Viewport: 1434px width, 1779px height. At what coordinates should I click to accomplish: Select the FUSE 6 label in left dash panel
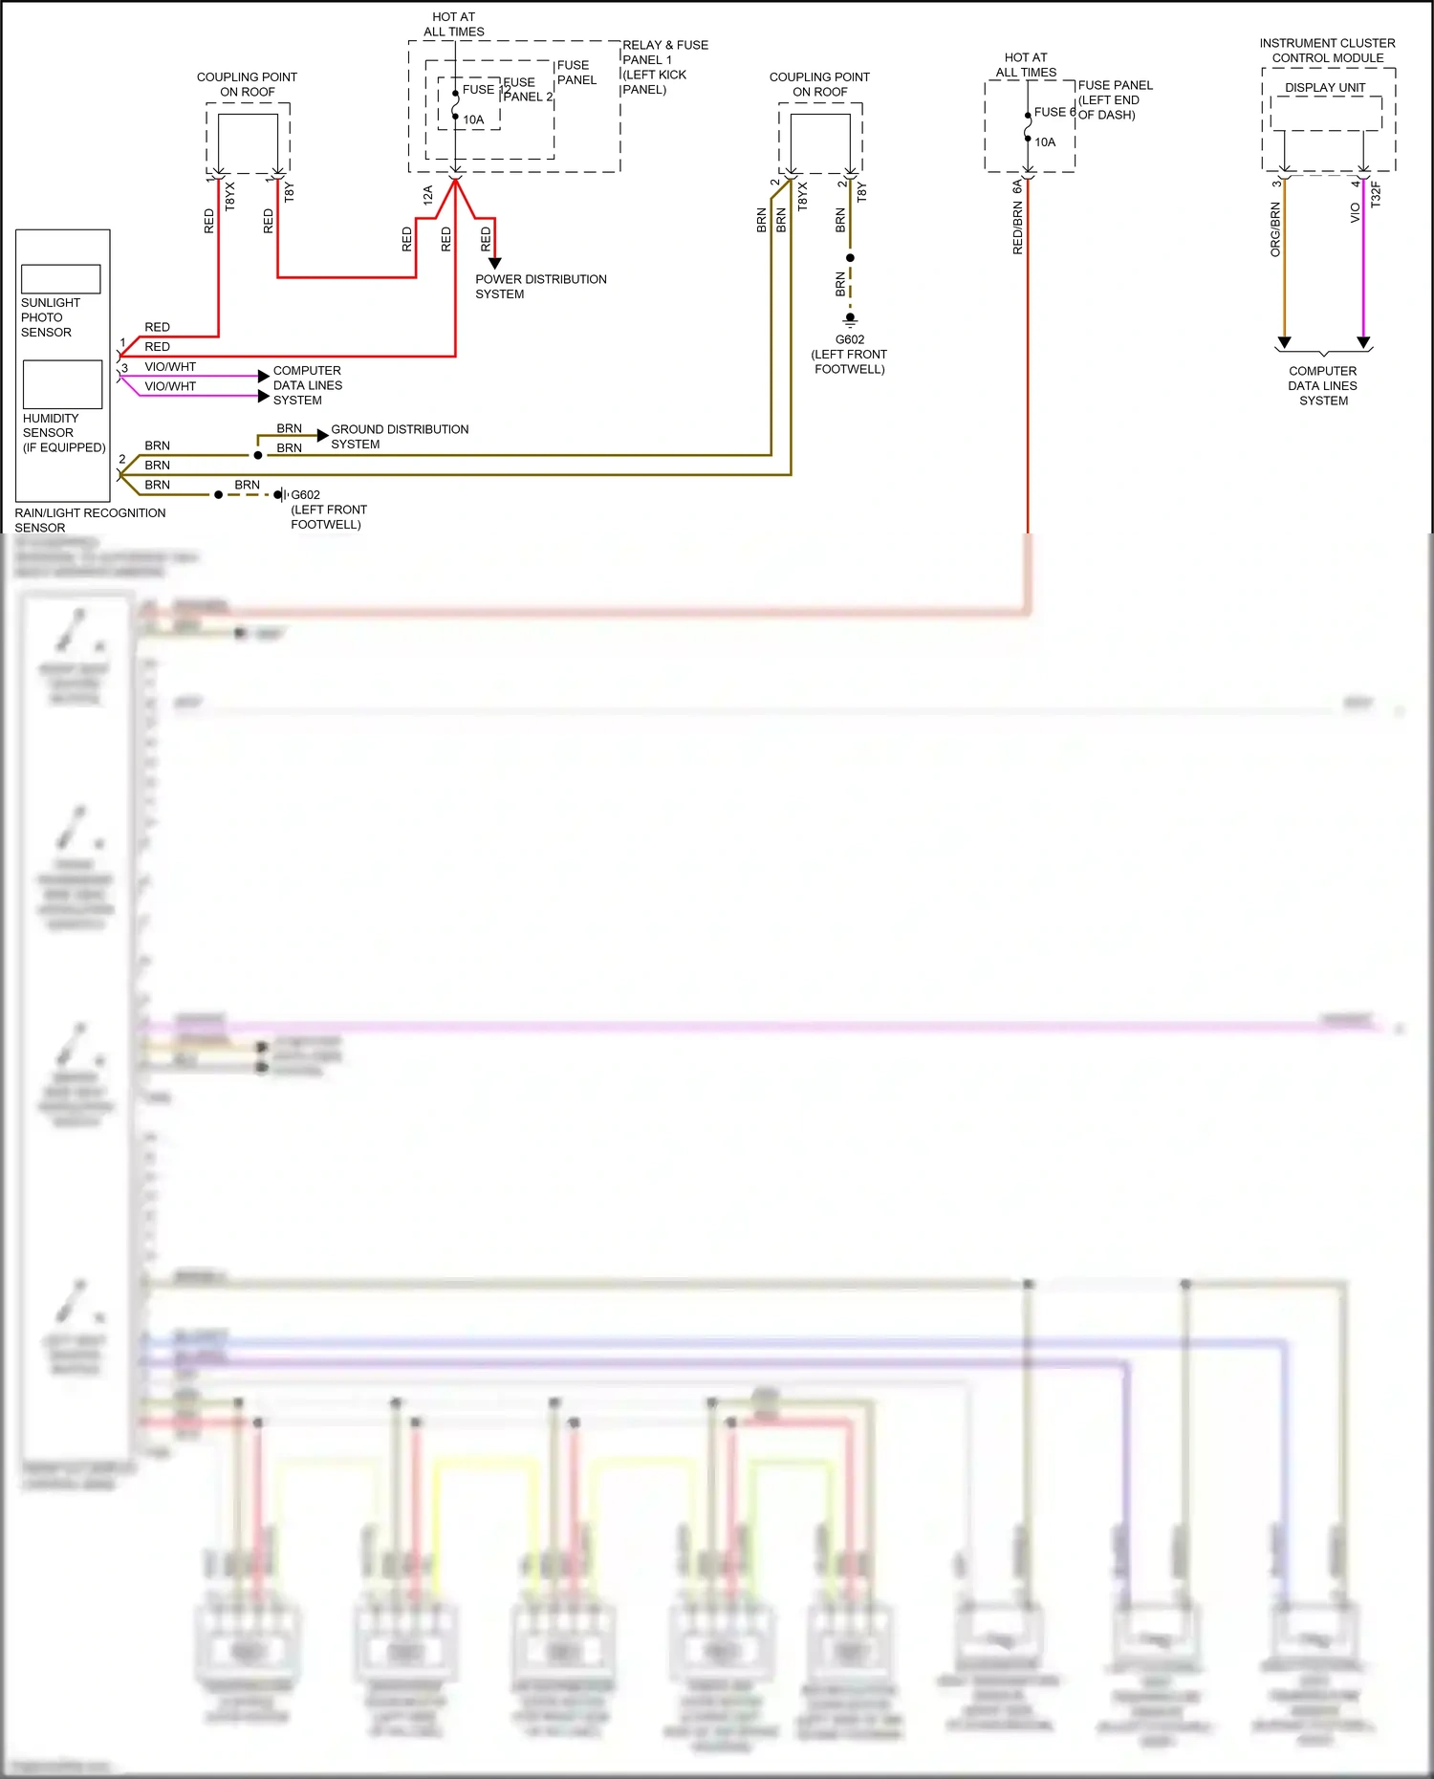pos(1054,112)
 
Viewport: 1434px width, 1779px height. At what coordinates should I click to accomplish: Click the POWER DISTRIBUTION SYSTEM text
pos(540,287)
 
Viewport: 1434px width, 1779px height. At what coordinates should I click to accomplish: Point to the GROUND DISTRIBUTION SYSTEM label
pos(400,437)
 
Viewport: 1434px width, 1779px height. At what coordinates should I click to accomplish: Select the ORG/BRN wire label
pos(1275,229)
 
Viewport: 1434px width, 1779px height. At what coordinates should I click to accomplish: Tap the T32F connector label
pos(1376,195)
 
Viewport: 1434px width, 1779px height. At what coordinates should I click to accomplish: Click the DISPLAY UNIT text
pos(1325,88)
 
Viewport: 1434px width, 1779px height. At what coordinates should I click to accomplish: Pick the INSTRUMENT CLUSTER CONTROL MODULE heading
pos(1327,51)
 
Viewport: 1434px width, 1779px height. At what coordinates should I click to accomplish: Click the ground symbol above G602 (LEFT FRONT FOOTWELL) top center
pos(850,320)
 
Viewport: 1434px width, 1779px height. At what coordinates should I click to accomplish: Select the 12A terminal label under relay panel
pos(427,196)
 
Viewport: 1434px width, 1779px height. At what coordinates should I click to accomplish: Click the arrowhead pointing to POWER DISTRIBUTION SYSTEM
pos(494,263)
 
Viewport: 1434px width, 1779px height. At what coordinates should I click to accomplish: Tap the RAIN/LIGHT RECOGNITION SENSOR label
pos(90,520)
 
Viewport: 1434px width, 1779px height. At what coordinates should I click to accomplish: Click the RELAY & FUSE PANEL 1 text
pos(665,53)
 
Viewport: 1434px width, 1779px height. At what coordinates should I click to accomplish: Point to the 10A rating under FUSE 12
pos(473,120)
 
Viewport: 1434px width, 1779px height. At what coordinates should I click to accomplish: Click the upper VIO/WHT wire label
pos(170,367)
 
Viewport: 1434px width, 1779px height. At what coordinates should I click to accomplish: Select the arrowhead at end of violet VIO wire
pos(1363,342)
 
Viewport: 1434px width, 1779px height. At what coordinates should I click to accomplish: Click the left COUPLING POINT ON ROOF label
pos(247,84)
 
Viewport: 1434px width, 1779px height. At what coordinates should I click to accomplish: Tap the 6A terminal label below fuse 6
pos(1017,187)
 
